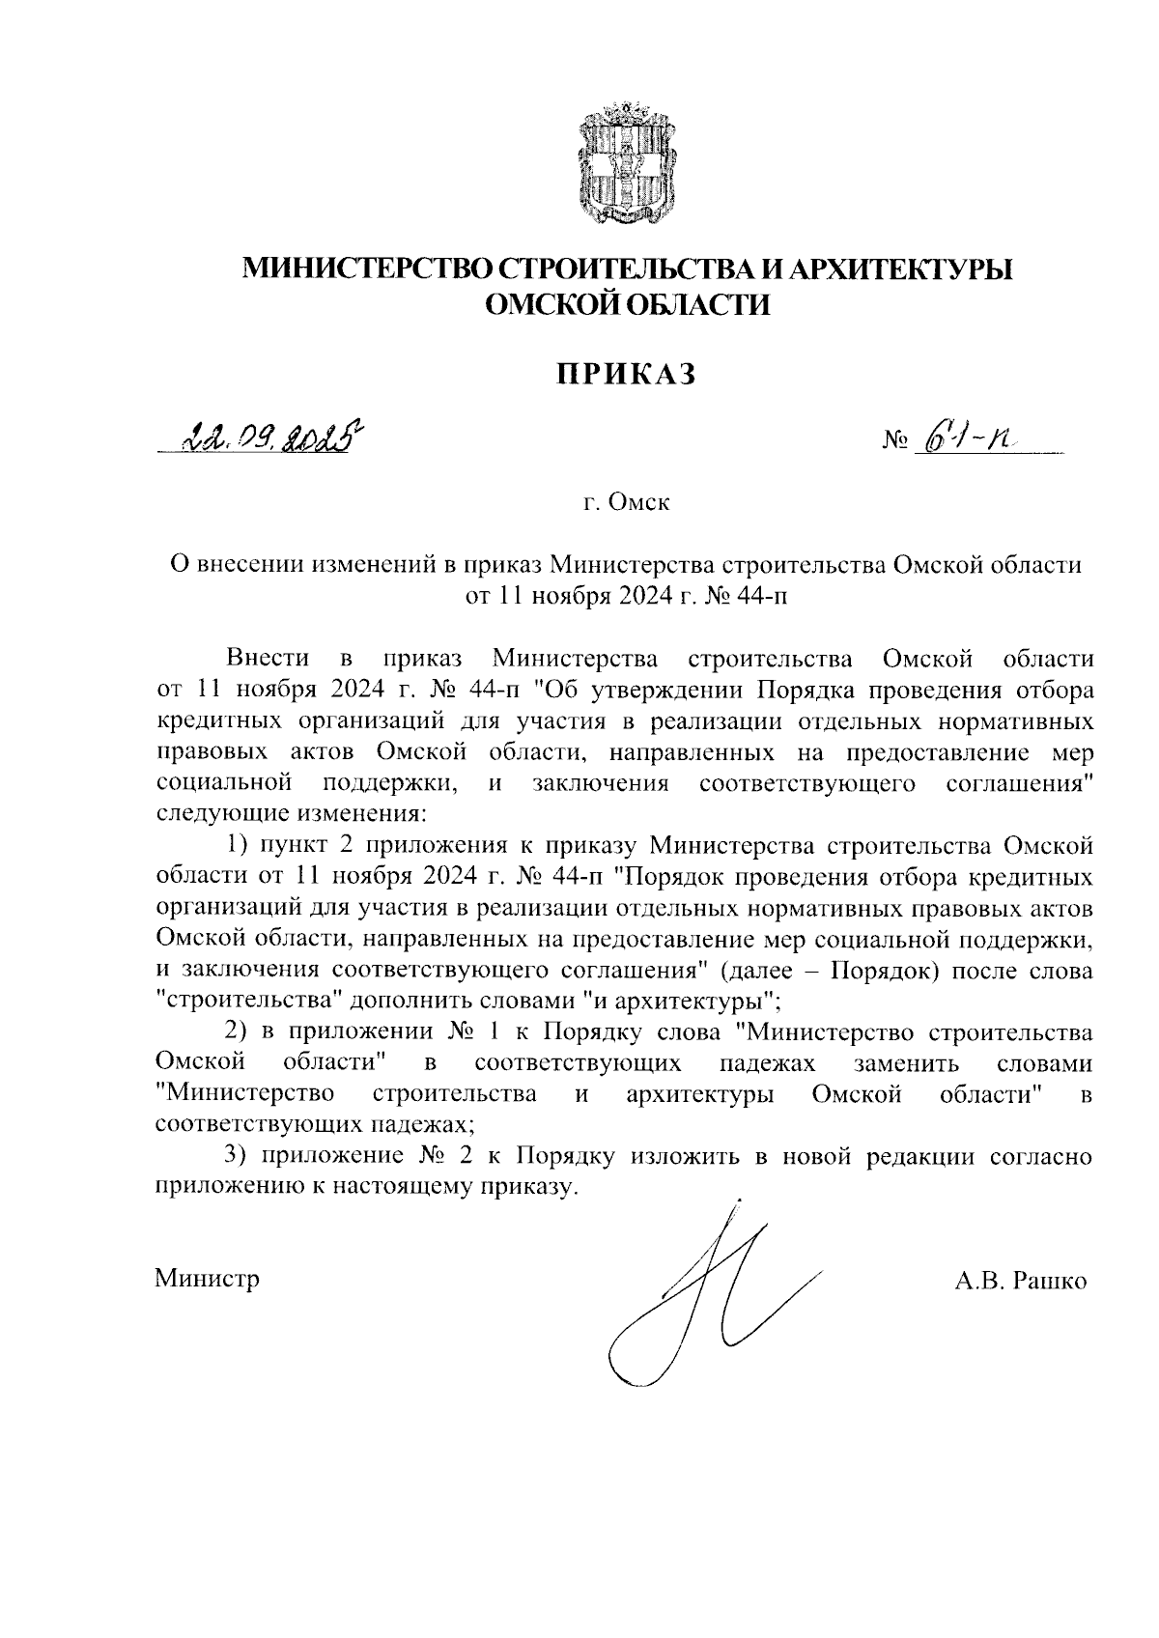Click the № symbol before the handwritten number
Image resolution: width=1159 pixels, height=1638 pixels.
895,445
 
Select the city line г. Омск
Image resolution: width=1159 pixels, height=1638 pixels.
626,503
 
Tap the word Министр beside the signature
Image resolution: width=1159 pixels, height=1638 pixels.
207,1280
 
